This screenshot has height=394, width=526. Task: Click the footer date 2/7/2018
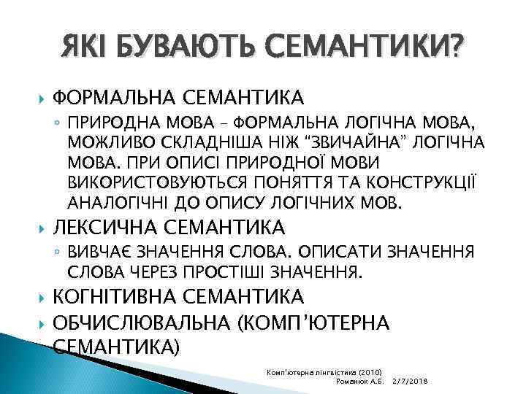pos(411,382)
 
